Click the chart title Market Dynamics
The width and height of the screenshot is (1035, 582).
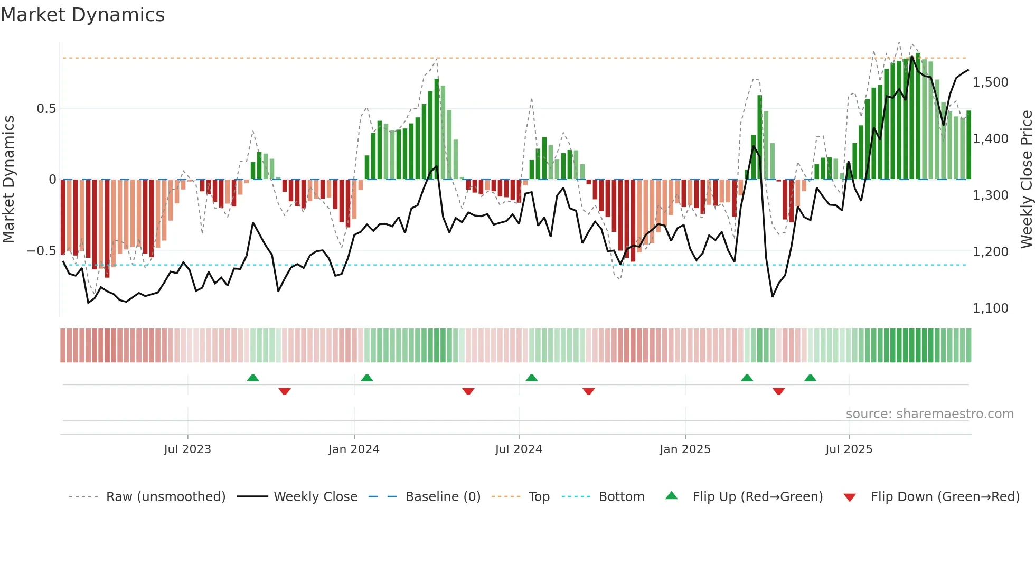[x=82, y=15]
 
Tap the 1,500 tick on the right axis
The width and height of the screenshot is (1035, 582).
[x=990, y=82]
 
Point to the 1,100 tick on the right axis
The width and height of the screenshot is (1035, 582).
[x=990, y=308]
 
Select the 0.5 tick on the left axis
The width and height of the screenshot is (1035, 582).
[x=46, y=109]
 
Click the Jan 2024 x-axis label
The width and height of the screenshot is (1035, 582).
[x=354, y=449]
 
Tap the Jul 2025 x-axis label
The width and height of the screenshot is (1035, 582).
[x=849, y=449]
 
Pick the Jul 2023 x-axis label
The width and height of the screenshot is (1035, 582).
[x=187, y=449]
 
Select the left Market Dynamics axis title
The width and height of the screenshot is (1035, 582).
[x=8, y=180]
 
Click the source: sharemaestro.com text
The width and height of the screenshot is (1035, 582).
[x=929, y=414]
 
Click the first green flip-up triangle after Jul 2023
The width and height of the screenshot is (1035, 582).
[x=253, y=378]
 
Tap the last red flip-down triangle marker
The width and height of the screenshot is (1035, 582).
[x=778, y=391]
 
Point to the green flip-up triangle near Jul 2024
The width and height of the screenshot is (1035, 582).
[x=532, y=378]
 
